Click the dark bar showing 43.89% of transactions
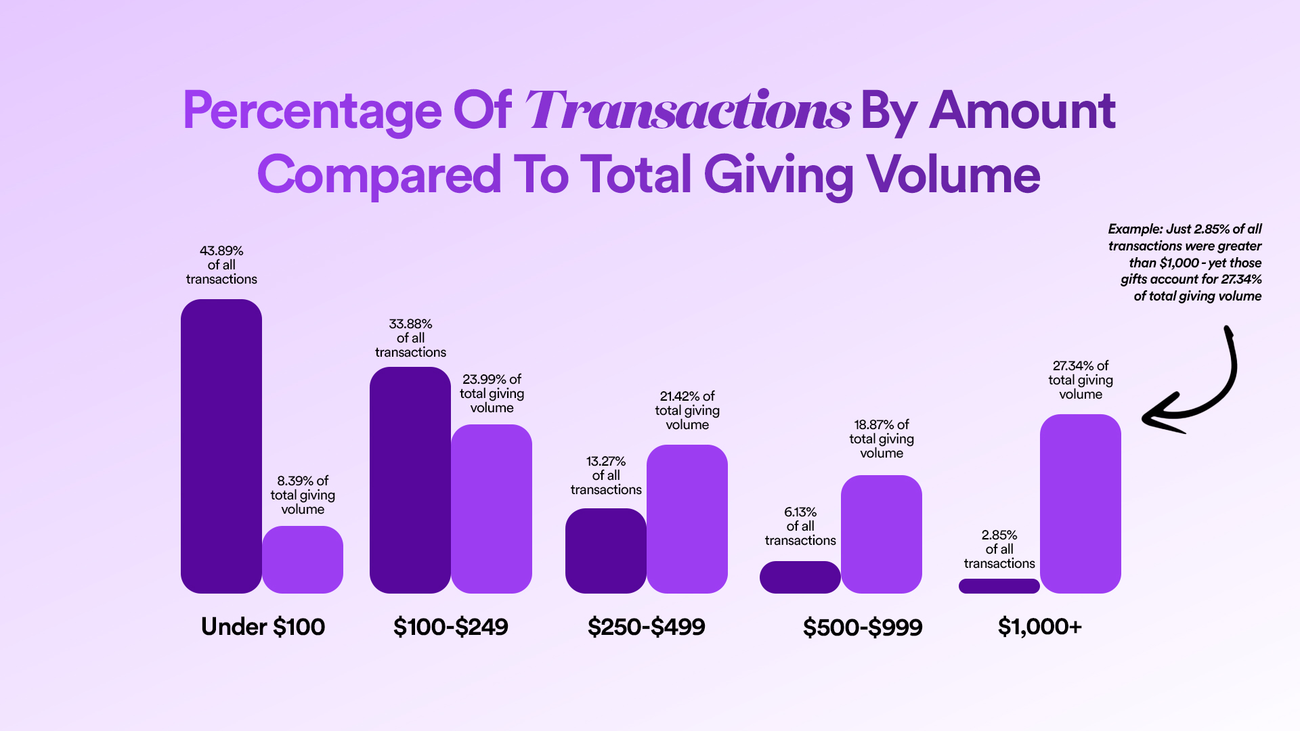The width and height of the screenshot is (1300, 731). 221,447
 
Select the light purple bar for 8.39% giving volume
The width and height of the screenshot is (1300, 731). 303,560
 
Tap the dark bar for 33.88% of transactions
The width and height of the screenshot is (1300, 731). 410,481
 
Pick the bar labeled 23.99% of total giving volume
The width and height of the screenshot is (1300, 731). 492,509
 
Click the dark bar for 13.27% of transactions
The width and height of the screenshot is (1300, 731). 606,551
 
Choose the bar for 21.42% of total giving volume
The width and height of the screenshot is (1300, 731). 687,519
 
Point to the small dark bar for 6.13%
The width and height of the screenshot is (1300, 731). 800,577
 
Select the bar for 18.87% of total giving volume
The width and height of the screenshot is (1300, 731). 882,535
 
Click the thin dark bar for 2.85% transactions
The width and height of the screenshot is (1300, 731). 999,586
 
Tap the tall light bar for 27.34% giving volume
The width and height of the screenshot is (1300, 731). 1081,504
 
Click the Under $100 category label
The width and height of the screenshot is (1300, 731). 263,627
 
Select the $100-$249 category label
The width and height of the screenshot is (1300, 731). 451,627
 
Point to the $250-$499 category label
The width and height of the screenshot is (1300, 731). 647,627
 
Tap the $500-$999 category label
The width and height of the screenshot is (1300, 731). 863,627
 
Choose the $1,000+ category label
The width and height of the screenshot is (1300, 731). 1040,627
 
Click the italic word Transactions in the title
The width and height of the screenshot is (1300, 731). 687,110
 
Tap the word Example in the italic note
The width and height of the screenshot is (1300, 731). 1135,229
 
